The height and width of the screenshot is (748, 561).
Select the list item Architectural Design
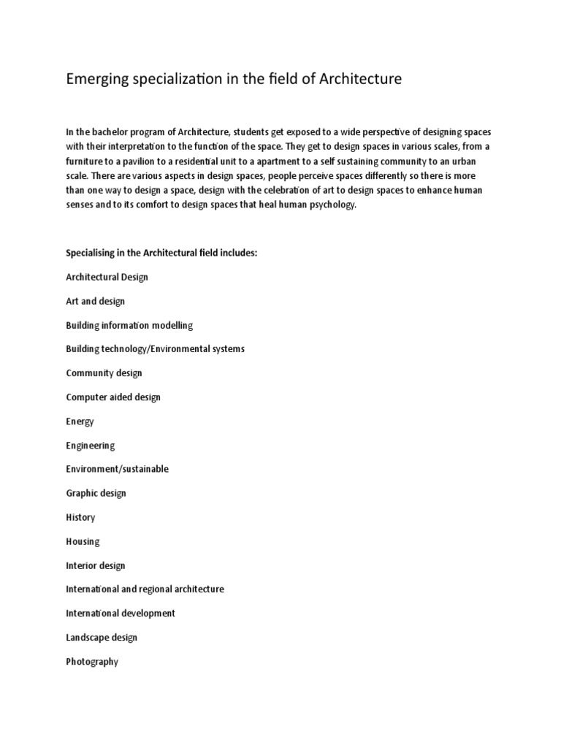(x=107, y=277)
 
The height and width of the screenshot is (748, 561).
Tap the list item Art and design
(x=95, y=301)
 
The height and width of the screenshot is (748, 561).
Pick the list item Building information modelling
(x=129, y=325)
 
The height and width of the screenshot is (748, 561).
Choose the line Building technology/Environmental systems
(x=155, y=348)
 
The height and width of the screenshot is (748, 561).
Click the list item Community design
(x=104, y=373)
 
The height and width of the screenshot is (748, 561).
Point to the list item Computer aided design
(x=113, y=397)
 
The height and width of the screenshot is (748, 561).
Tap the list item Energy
(x=80, y=421)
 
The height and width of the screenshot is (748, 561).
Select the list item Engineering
(x=90, y=445)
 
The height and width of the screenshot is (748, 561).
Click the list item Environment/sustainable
(x=117, y=469)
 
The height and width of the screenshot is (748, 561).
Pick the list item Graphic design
(x=96, y=493)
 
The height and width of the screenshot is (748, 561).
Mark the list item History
(x=80, y=517)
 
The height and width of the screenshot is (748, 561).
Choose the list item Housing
(x=83, y=541)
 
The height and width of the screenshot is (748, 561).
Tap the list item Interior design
(x=96, y=565)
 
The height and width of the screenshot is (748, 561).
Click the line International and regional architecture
(x=145, y=589)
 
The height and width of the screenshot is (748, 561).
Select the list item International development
(x=121, y=613)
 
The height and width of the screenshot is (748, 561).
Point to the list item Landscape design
(x=102, y=637)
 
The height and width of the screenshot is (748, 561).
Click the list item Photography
(x=92, y=662)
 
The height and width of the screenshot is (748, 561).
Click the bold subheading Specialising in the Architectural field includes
(x=162, y=253)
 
